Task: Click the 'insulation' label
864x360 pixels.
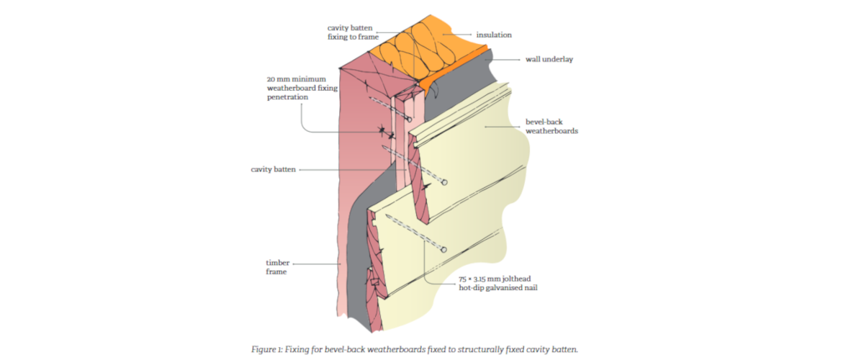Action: tap(494, 35)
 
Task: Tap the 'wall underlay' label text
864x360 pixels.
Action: tap(549, 59)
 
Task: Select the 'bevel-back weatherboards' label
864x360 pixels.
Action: tap(552, 126)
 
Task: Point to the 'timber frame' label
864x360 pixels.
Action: tap(277, 267)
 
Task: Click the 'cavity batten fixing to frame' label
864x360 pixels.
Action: tap(353, 32)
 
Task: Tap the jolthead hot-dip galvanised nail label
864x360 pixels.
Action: tap(498, 283)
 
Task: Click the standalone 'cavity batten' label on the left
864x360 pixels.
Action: tap(273, 169)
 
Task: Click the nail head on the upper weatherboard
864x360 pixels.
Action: tap(444, 182)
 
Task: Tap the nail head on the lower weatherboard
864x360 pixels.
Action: tap(444, 250)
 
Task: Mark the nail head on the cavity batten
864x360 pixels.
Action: tap(409, 120)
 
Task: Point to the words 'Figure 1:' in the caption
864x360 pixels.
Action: tap(266, 350)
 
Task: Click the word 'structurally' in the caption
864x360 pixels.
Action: tap(479, 350)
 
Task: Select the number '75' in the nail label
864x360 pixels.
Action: tap(462, 279)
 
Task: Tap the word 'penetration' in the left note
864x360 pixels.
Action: tap(287, 97)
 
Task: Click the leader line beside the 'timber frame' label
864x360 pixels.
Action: tap(316, 264)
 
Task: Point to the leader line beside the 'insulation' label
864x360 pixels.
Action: tap(456, 35)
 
